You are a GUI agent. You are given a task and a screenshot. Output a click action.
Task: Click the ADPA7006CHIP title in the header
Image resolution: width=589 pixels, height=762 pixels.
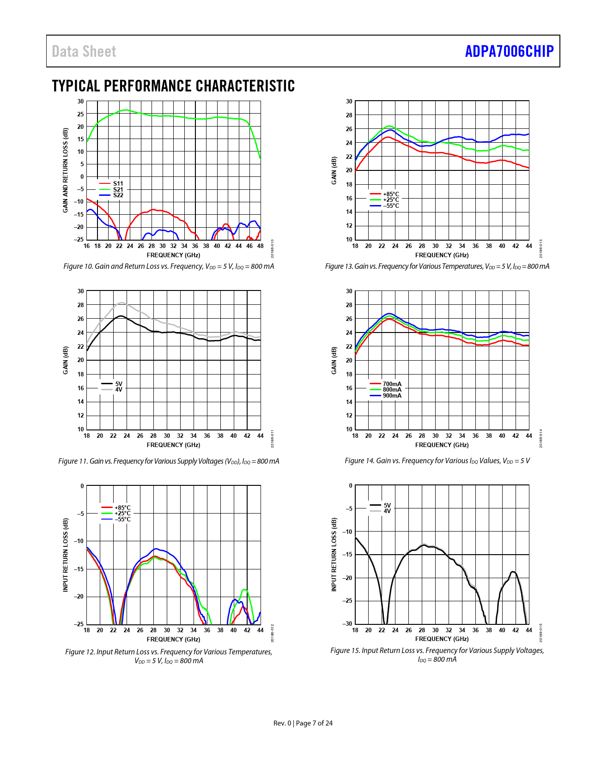pos(509,51)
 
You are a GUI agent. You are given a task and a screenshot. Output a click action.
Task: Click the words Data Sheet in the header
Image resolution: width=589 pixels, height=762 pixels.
pos(84,51)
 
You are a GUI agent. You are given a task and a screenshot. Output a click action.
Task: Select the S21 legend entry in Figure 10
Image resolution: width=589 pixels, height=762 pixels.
pos(118,189)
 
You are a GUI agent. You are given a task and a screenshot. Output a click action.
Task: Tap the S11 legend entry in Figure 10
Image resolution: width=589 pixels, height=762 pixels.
pos(118,183)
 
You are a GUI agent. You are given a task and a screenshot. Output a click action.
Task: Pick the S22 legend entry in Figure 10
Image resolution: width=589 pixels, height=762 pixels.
pos(118,195)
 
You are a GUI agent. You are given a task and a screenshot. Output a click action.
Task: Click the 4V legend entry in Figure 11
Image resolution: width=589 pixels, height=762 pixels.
pos(118,389)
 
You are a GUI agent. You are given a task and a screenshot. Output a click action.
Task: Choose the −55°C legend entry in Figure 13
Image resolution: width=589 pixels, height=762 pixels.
pos(390,206)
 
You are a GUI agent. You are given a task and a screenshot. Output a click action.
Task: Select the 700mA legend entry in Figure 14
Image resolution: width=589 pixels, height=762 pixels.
pos(392,384)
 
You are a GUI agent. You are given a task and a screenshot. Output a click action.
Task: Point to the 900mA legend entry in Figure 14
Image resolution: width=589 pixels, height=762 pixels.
pos(392,395)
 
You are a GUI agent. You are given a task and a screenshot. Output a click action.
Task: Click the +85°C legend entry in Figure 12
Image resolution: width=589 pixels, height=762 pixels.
pos(122,508)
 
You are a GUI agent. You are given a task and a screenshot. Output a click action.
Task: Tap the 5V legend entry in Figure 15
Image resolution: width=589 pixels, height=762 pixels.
pos(387,505)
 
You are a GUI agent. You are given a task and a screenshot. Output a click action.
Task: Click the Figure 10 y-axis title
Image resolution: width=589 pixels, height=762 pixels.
pos(66,170)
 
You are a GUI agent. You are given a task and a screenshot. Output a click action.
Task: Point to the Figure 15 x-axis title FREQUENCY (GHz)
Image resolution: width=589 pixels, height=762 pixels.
pos(442,639)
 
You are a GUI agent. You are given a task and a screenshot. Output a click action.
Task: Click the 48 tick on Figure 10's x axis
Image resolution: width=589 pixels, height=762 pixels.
pos(260,246)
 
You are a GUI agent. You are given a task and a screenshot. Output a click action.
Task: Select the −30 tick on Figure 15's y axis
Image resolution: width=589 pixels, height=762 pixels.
pos(347,623)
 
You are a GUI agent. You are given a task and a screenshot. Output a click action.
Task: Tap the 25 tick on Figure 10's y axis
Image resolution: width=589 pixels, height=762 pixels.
pos(81,114)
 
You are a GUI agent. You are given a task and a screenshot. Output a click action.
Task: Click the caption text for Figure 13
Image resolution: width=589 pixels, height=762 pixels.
pos(437,266)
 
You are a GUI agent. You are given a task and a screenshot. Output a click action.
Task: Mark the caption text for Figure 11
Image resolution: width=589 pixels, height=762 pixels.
pos(169,461)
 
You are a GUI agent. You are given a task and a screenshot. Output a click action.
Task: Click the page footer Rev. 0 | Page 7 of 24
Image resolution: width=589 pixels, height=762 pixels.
pos(303,723)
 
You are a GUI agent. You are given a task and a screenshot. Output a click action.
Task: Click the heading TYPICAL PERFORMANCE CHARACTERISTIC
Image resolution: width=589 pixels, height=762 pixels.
pos(173,86)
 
